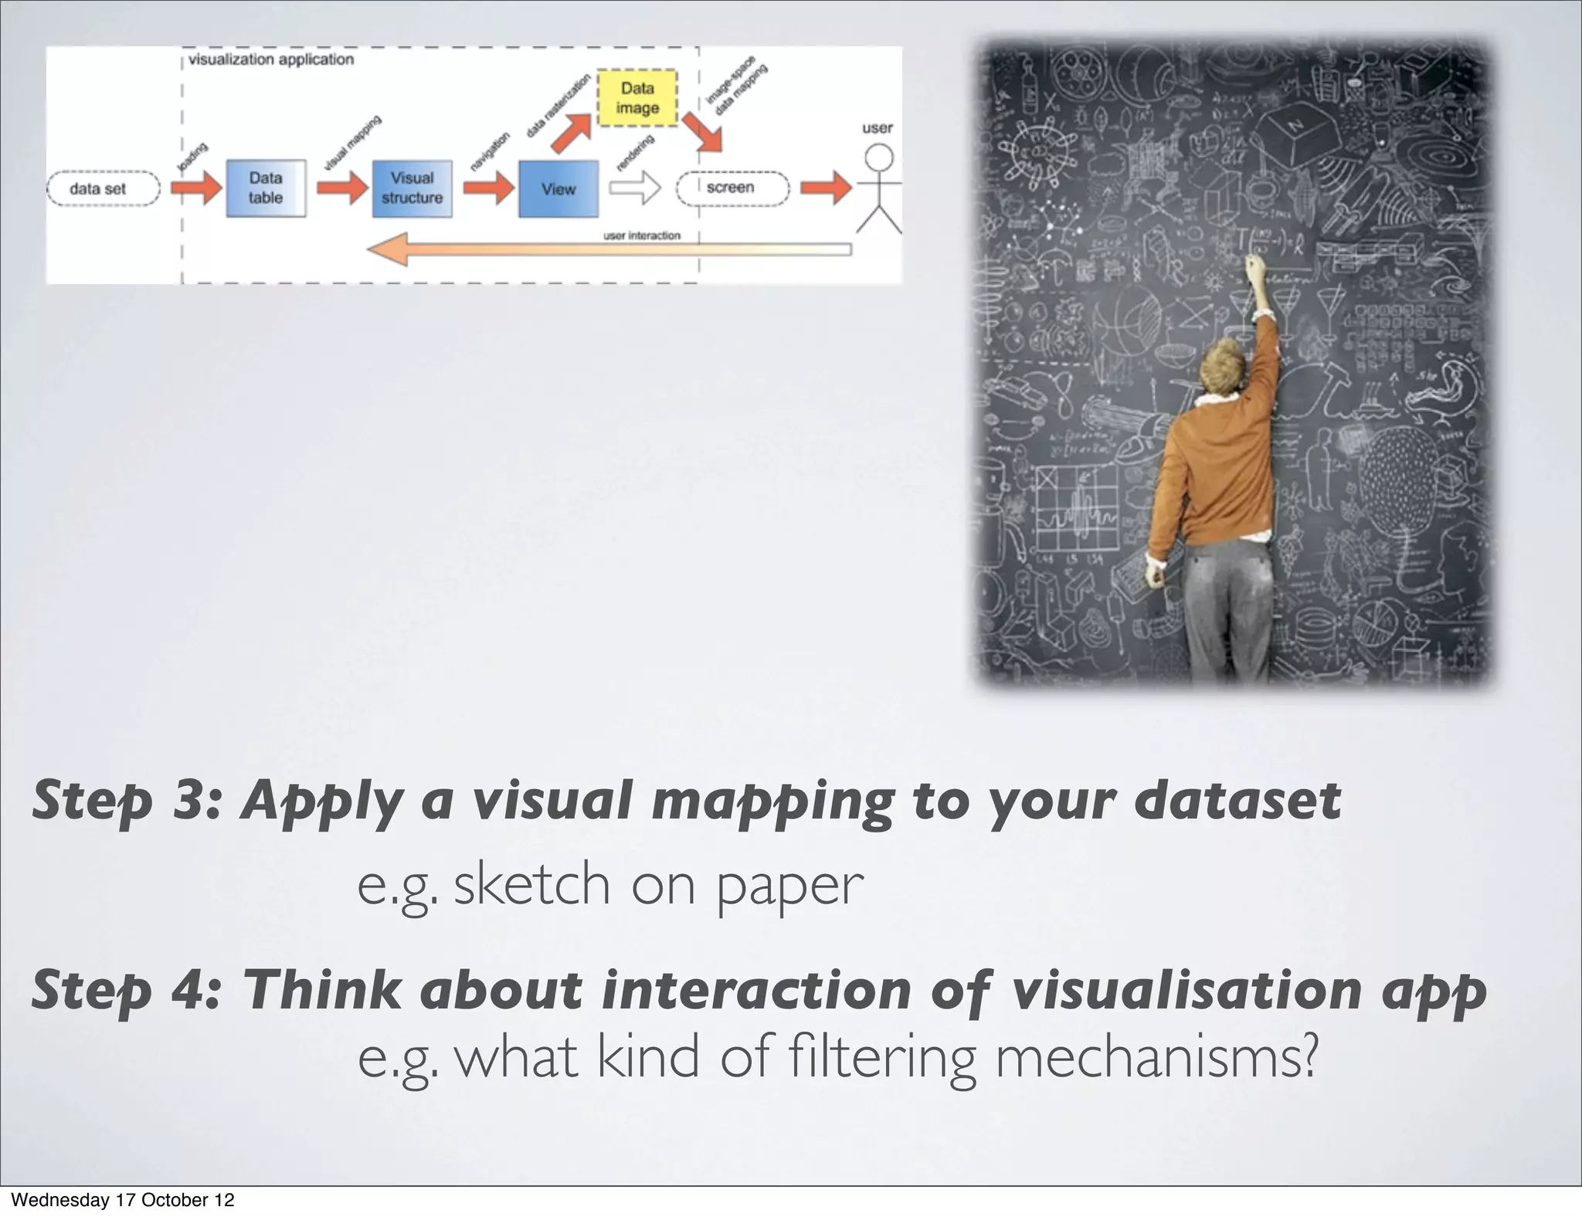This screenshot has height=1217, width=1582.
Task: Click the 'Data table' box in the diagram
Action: (x=266, y=188)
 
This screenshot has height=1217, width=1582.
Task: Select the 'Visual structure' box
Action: (x=412, y=188)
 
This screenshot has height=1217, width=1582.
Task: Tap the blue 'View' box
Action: (x=558, y=189)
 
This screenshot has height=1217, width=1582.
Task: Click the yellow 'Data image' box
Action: (x=637, y=99)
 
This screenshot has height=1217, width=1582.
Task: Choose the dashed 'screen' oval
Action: (x=732, y=188)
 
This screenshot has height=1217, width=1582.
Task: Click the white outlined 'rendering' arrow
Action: (x=635, y=188)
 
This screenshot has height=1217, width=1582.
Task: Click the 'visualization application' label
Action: (x=271, y=59)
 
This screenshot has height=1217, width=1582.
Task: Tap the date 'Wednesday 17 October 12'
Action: (x=123, y=1200)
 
